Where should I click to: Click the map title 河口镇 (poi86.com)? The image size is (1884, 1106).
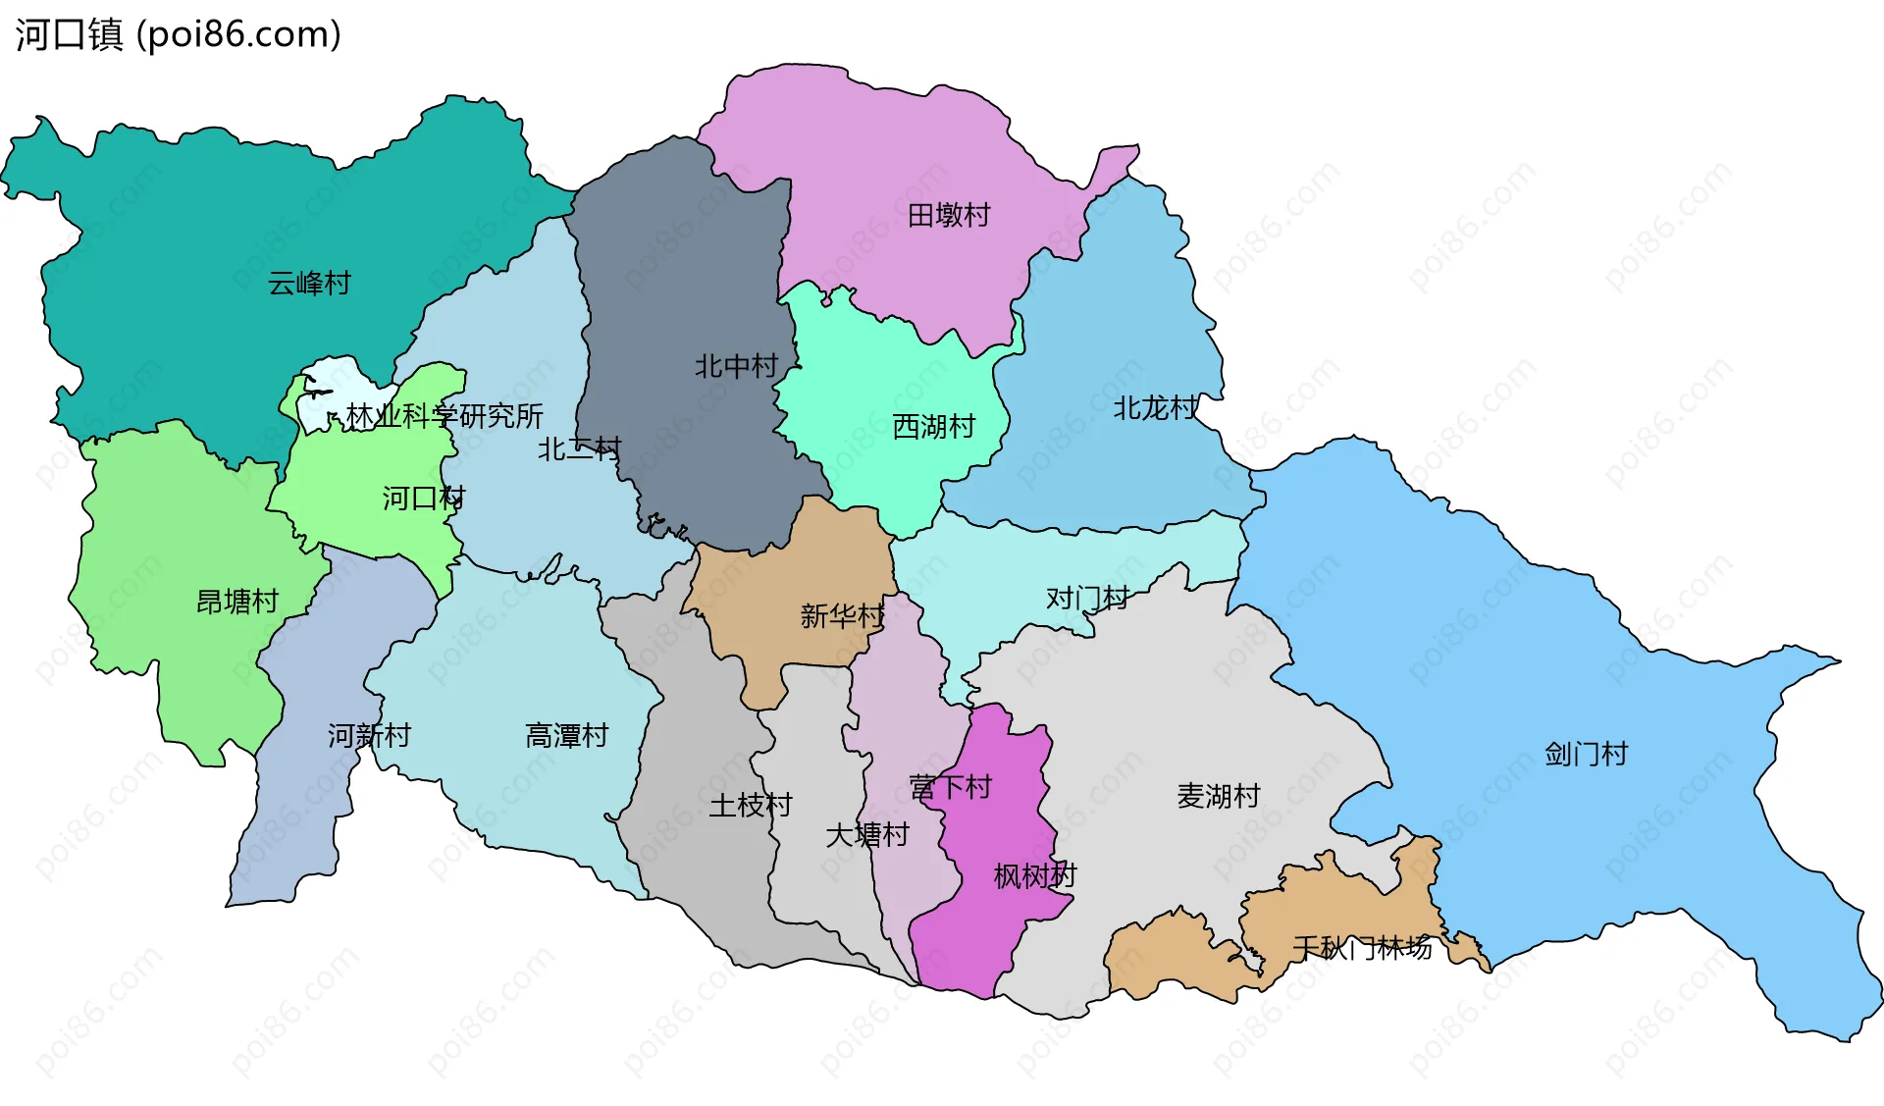coord(178,34)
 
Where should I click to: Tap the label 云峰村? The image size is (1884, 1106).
coord(309,284)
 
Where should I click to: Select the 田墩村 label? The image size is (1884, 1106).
coord(949,215)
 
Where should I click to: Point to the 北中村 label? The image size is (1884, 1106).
coord(736,366)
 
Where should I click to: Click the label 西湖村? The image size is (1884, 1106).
coord(933,426)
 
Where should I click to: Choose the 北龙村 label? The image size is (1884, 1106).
coord(1155,407)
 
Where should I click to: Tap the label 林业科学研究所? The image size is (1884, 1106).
coord(444,416)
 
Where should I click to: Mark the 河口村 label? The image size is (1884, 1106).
coord(423,499)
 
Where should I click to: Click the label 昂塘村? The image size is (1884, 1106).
coord(237,601)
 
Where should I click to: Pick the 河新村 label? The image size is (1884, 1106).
coord(369,735)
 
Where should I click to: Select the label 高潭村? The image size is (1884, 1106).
coord(566,735)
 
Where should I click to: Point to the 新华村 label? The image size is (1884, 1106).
coord(842,615)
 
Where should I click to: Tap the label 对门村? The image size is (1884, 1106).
coord(1086,598)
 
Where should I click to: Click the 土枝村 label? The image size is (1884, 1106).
coord(750,805)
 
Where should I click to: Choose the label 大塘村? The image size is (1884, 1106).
coord(867,834)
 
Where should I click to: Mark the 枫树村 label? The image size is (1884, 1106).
coord(1034,875)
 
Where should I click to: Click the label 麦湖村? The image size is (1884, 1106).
coord(1218,795)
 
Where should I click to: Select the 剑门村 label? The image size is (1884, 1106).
coord(1586,754)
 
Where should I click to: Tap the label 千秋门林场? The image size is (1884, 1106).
coord(1362,948)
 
